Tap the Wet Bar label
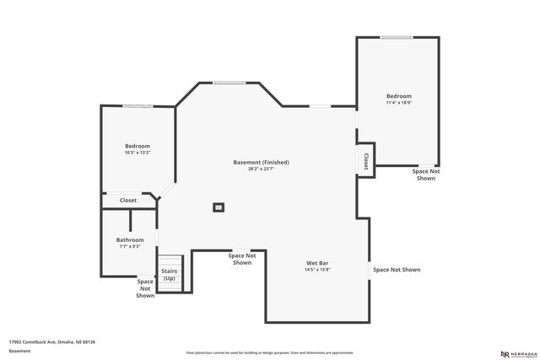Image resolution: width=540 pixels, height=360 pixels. (x=317, y=263)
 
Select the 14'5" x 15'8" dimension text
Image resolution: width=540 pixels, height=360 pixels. (x=317, y=270)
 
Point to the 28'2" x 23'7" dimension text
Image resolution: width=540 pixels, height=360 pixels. (x=261, y=169)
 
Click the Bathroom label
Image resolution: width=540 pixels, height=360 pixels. (x=130, y=239)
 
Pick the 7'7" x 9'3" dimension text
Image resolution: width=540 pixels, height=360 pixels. (x=130, y=246)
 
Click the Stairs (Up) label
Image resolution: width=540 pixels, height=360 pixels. (x=170, y=275)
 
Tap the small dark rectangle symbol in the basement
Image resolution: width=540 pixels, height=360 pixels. (x=219, y=207)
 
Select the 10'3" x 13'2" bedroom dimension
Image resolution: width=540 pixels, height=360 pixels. (x=138, y=153)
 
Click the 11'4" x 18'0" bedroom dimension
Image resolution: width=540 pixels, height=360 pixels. (x=399, y=103)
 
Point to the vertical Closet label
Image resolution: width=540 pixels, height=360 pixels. (x=365, y=161)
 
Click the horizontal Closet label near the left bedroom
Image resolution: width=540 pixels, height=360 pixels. (x=128, y=200)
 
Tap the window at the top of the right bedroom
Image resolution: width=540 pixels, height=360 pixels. (x=397, y=37)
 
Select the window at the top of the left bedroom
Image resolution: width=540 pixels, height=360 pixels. (x=138, y=105)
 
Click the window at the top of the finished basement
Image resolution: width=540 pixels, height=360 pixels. (x=229, y=83)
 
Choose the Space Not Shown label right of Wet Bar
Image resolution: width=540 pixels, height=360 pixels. (x=397, y=270)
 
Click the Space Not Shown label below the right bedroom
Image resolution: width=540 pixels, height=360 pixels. (x=426, y=175)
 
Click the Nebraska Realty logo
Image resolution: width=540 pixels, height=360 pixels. (x=516, y=353)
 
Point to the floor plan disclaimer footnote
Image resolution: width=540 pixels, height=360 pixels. (x=270, y=352)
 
